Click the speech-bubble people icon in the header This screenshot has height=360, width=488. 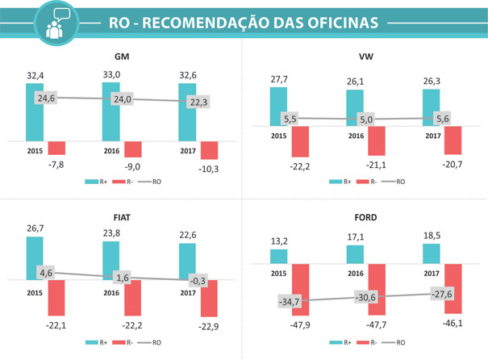tap(56, 23)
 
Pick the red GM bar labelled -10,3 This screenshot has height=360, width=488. tap(210, 150)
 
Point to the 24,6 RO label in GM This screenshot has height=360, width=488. tap(46, 98)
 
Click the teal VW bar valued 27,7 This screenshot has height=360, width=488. tap(278, 107)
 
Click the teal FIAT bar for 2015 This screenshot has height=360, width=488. tap(35, 257)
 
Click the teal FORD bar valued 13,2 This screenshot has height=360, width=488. tap(278, 256)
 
